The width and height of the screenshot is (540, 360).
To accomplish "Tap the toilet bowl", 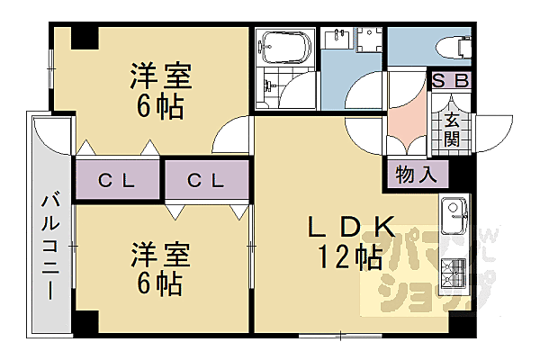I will [x=453, y=45].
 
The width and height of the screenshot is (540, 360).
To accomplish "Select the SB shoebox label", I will [x=450, y=80].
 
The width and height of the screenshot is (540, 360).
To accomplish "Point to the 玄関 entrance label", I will [x=451, y=130].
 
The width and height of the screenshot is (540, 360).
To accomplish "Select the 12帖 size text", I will [x=348, y=259].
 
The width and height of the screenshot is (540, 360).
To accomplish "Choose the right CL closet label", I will [x=206, y=180].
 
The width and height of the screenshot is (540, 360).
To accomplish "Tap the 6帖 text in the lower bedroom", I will [x=159, y=285].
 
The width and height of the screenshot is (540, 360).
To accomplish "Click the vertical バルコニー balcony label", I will [x=50, y=245].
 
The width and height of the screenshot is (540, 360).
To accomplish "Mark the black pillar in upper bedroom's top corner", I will [x=84, y=38].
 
